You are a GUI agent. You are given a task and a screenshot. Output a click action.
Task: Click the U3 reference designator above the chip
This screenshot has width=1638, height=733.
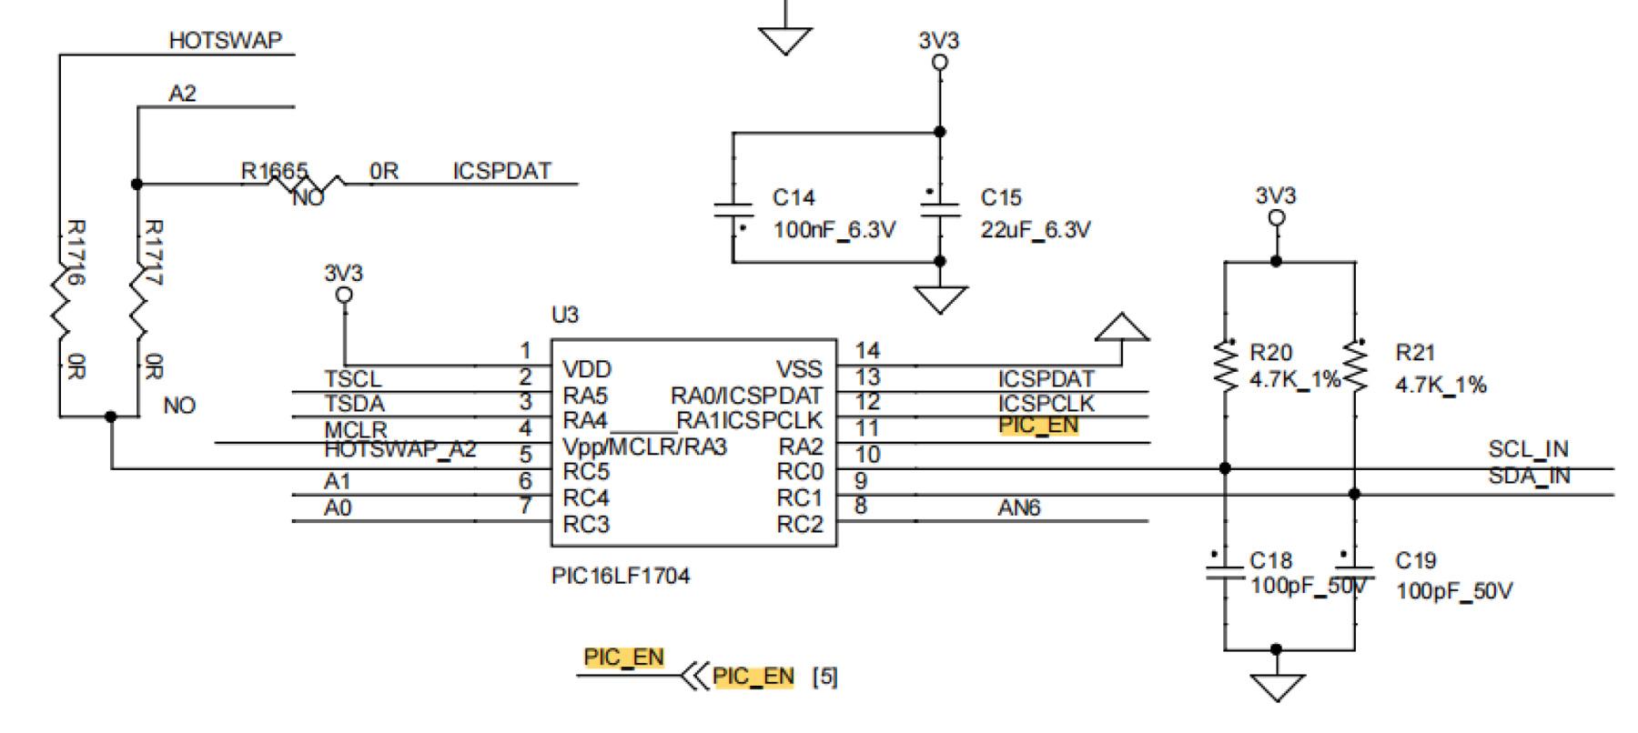tap(564, 315)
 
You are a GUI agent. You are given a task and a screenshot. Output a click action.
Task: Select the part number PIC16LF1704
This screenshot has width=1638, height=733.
tap(620, 576)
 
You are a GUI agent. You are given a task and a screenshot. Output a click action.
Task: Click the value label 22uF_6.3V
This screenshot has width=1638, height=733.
tap(1035, 230)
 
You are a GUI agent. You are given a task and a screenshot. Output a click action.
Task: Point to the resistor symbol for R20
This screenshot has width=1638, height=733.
tap(1225, 366)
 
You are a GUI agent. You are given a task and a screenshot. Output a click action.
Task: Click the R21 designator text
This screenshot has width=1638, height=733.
tap(1414, 353)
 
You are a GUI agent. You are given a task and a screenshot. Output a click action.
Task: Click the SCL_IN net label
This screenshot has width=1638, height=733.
tap(1528, 449)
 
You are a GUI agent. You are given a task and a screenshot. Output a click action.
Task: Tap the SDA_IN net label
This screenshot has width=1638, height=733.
tap(1529, 476)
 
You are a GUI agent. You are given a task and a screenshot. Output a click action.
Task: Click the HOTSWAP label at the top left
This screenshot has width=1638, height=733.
tap(225, 41)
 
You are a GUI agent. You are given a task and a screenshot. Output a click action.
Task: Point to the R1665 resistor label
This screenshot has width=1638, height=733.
tap(273, 171)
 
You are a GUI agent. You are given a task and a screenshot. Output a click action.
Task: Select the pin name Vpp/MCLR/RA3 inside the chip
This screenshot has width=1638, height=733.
tap(644, 447)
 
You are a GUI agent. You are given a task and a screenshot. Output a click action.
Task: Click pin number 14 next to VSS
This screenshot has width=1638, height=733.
tap(867, 351)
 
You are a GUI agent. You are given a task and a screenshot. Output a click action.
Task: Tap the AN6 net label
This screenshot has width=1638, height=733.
tap(1018, 507)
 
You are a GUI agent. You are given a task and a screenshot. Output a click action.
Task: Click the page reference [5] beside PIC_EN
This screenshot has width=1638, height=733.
tap(824, 677)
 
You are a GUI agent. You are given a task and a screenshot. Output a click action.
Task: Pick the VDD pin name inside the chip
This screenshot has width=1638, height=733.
tap(587, 369)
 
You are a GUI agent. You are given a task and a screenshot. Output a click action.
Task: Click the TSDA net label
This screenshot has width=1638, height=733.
tap(354, 404)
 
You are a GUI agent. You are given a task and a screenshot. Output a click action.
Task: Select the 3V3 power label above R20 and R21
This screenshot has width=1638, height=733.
tap(1275, 196)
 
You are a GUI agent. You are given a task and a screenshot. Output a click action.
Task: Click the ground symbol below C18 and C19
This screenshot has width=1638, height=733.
tap(1277, 687)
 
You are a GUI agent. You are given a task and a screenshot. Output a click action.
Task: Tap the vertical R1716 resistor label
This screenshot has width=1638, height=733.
tap(76, 252)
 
